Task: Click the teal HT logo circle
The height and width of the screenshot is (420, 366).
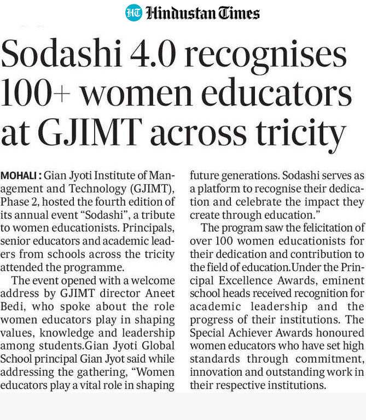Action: pos(133,13)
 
